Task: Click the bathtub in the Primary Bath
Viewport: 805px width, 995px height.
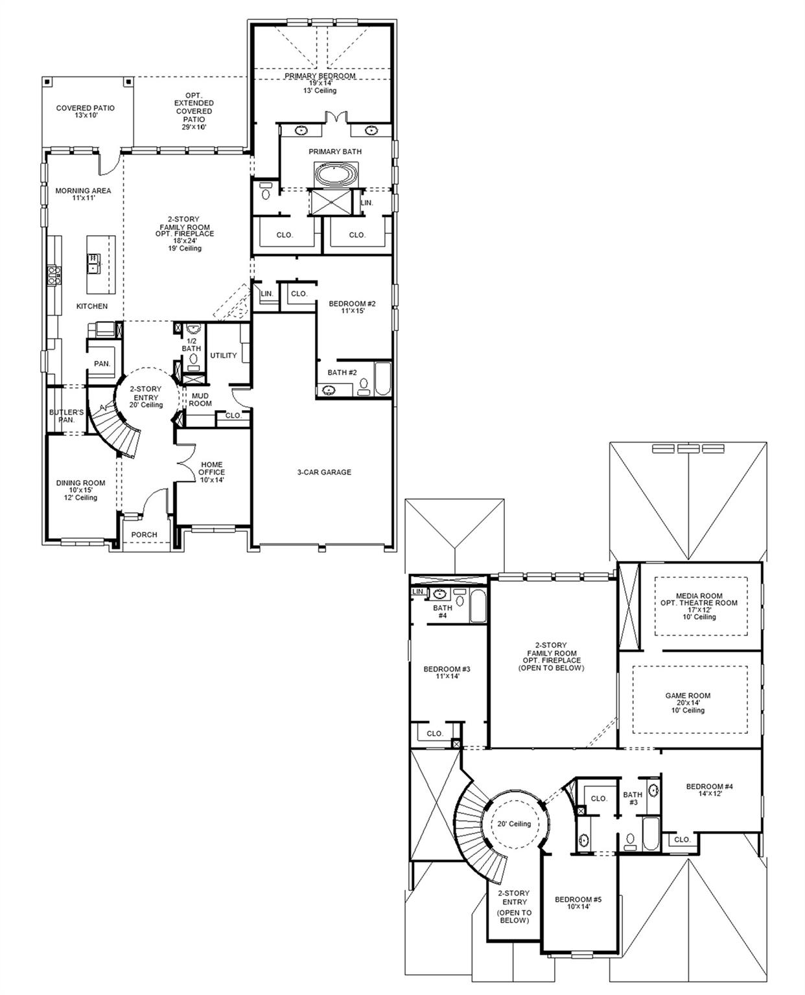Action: (x=335, y=174)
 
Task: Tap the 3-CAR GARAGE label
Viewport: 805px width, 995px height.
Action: (x=324, y=472)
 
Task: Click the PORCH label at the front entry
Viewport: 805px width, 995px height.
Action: (x=144, y=534)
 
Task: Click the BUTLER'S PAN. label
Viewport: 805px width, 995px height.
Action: (x=66, y=416)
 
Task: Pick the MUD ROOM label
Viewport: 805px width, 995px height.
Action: (x=200, y=399)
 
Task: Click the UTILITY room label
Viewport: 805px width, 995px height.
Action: (x=223, y=356)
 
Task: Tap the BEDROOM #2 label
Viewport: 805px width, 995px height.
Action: (x=352, y=307)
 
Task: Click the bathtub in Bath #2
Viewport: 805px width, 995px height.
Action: (x=382, y=379)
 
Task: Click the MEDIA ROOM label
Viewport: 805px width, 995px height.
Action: (x=698, y=602)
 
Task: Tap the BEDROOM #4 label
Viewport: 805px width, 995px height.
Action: (x=709, y=790)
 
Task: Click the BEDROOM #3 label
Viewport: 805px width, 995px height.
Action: (x=447, y=672)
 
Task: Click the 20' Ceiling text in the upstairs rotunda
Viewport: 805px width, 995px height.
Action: (x=514, y=824)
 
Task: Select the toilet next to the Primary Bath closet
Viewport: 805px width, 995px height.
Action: (x=266, y=192)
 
